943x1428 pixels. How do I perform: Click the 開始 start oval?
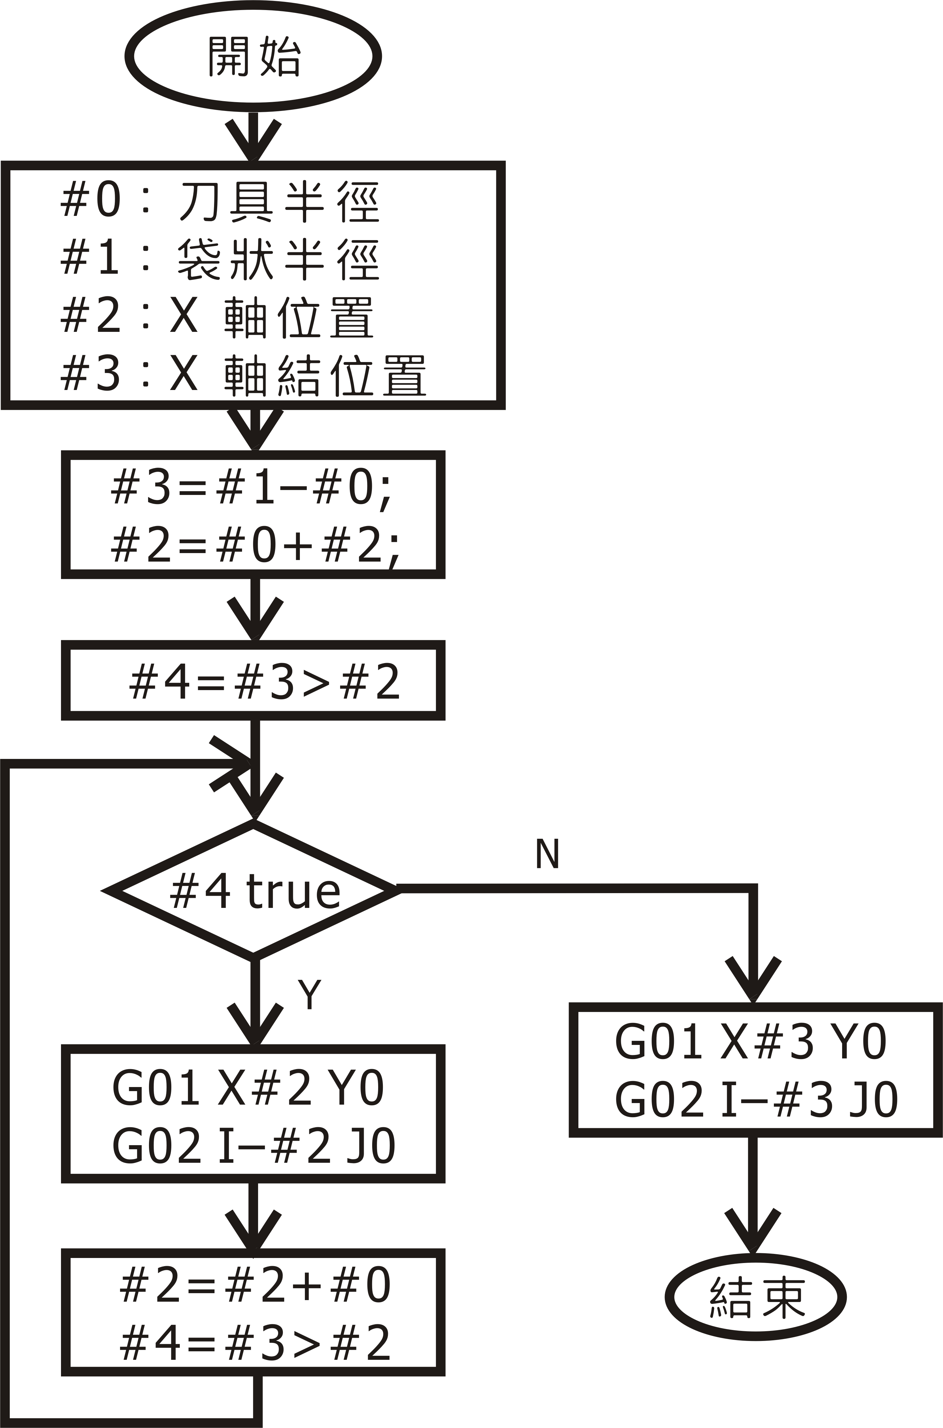[253, 57]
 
